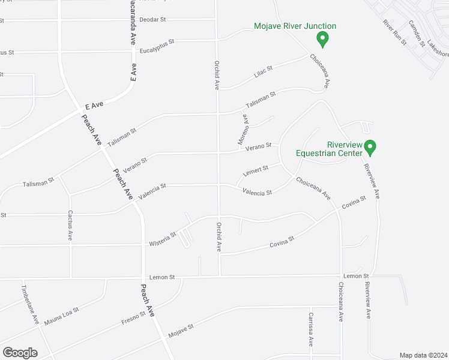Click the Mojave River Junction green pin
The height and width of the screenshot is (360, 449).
tap(322, 40)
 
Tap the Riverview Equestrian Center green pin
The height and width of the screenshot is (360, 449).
tap(370, 147)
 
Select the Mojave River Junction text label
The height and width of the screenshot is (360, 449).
tap(295, 26)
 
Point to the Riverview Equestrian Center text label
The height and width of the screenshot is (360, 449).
tap(328, 148)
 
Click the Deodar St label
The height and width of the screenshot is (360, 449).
tap(152, 20)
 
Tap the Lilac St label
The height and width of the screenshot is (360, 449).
tap(263, 71)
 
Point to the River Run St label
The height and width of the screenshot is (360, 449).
tap(395, 31)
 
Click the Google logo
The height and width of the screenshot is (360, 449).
tap(20, 353)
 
